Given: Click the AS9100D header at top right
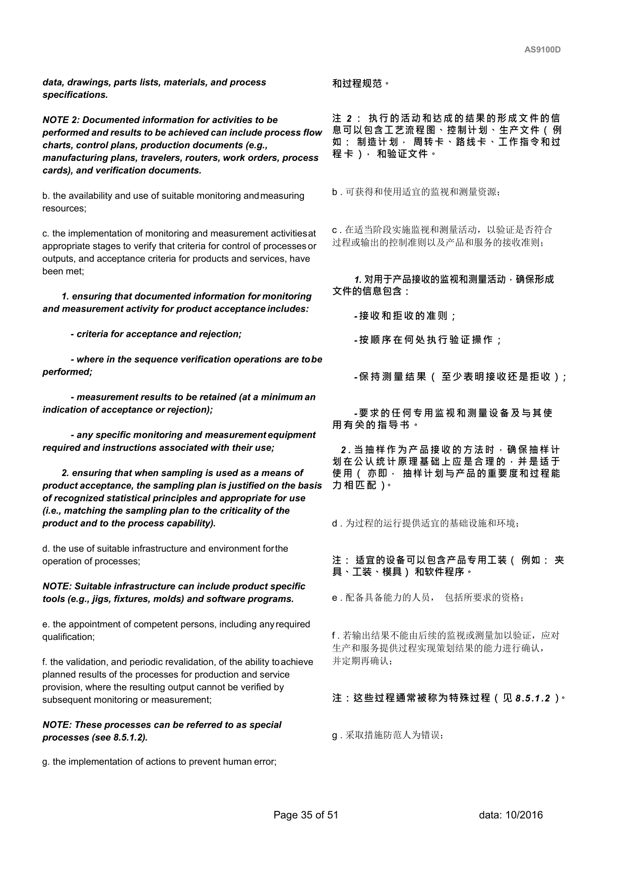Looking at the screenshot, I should [x=542, y=50].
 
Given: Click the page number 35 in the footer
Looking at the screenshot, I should [x=306, y=815].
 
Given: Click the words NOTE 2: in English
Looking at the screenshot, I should [x=61, y=120].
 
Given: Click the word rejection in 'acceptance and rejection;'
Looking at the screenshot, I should [x=221, y=334].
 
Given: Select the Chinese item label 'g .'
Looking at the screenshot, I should [x=337, y=736].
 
